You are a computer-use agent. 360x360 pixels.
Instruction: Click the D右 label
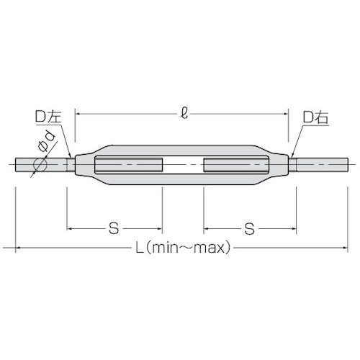(x=315, y=116)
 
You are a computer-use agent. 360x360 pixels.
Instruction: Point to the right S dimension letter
(x=249, y=230)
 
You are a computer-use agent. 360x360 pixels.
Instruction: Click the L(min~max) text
(x=182, y=249)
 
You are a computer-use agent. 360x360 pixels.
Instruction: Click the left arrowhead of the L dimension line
(x=17, y=248)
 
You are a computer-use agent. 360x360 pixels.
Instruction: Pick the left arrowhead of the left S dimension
(x=70, y=229)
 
